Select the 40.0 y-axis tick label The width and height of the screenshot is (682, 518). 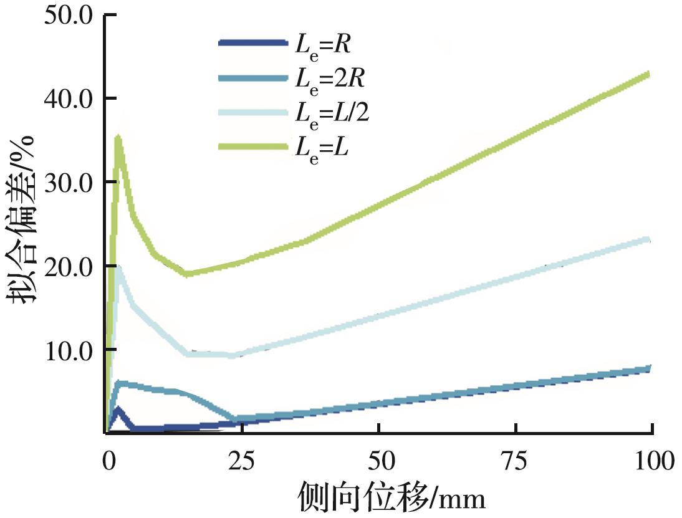click(x=69, y=98)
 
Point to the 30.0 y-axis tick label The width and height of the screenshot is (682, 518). click(x=69, y=181)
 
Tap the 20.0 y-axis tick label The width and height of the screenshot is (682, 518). click(x=69, y=266)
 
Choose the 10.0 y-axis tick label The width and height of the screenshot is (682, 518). click(x=69, y=349)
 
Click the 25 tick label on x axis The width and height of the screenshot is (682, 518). click(x=243, y=462)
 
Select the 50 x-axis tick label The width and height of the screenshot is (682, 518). click(x=379, y=462)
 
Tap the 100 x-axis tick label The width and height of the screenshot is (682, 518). click(x=652, y=462)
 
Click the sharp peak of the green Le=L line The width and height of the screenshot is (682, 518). click(x=118, y=138)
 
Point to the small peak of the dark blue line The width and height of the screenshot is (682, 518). click(x=118, y=410)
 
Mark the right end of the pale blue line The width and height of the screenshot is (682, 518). click(x=650, y=239)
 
